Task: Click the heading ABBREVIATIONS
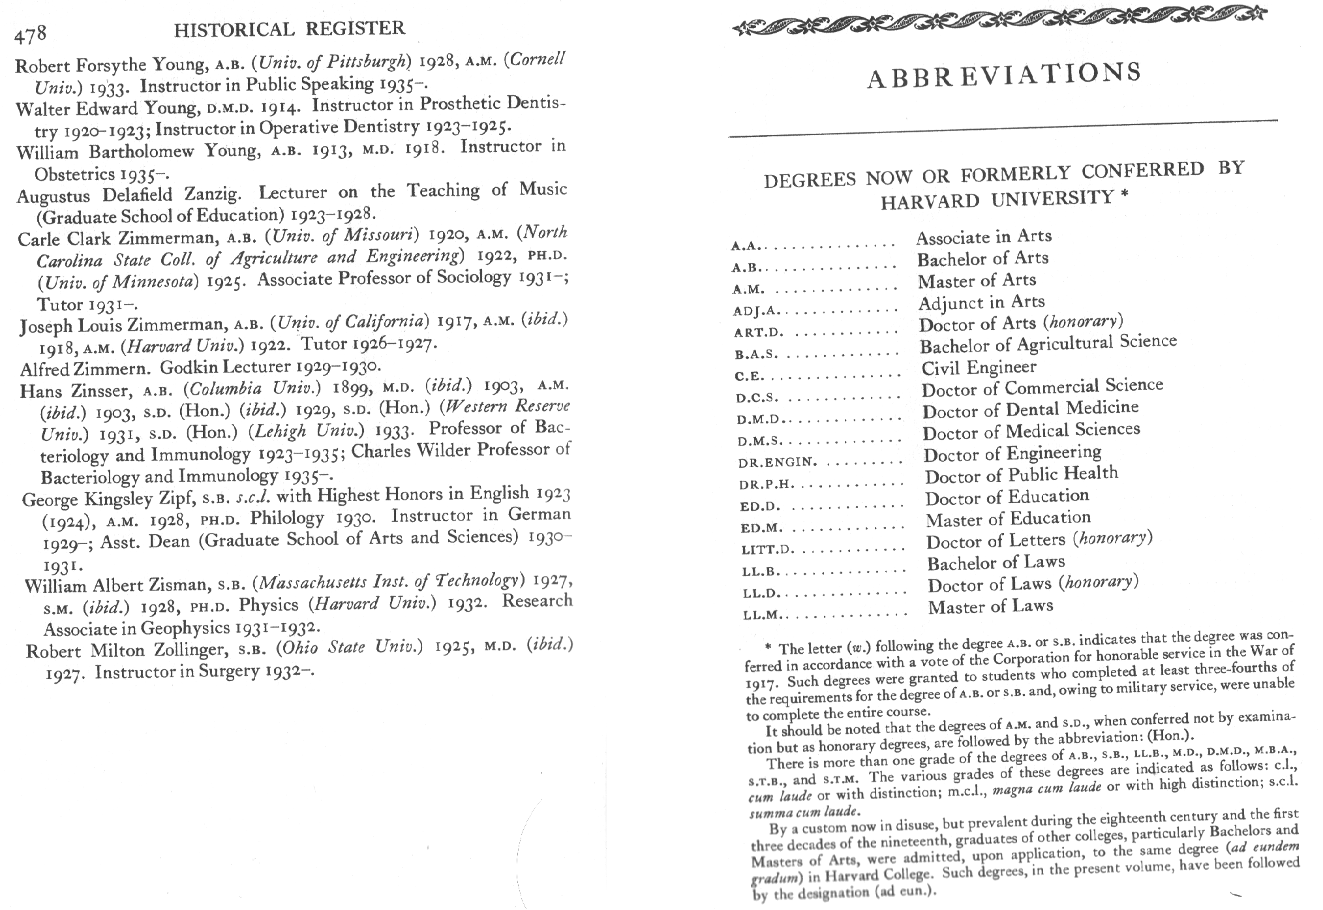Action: click(x=1004, y=76)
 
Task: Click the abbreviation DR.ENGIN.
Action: click(x=776, y=463)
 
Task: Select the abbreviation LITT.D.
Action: click(x=768, y=549)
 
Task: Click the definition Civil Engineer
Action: click(x=979, y=368)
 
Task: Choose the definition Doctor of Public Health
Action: click(x=1021, y=475)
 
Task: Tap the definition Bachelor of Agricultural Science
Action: click(x=1048, y=344)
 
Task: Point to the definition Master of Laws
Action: click(x=990, y=607)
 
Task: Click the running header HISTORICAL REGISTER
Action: click(x=290, y=29)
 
